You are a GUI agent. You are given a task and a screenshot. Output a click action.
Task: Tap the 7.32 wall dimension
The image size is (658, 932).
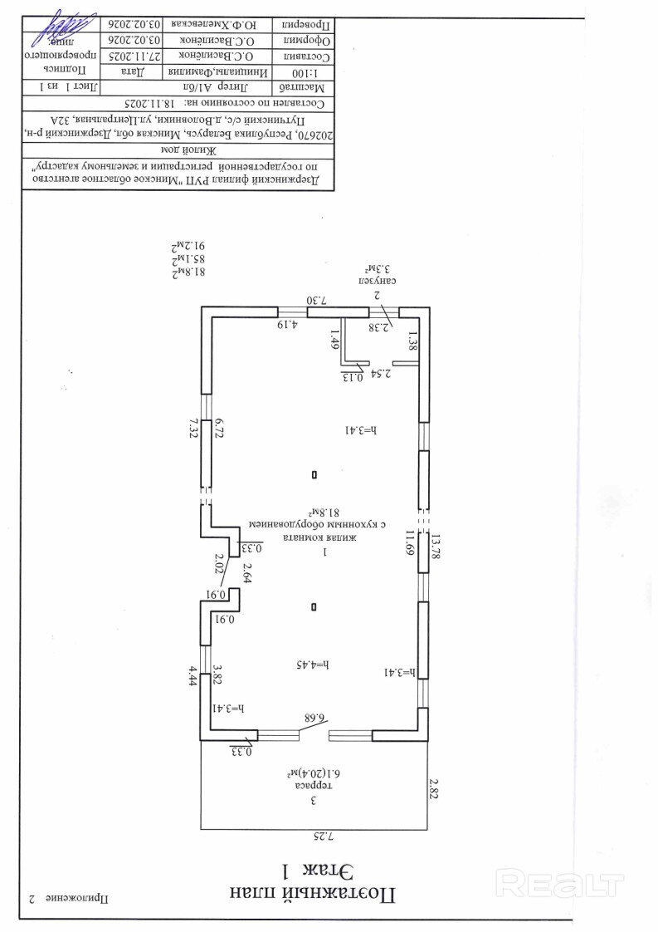(x=193, y=429)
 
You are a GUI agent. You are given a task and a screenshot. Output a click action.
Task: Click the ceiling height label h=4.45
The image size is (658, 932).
(x=313, y=665)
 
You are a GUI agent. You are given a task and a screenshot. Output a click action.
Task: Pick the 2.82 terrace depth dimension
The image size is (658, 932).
(x=432, y=788)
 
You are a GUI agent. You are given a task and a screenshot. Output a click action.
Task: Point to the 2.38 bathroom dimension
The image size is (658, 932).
(x=380, y=326)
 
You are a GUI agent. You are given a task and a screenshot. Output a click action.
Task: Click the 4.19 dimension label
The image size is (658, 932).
(x=287, y=324)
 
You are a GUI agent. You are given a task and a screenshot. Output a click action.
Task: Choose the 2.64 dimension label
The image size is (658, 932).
(x=246, y=572)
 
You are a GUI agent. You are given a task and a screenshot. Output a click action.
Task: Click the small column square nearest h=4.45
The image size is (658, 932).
(x=314, y=607)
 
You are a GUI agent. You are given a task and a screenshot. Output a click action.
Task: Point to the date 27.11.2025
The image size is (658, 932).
(x=130, y=56)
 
